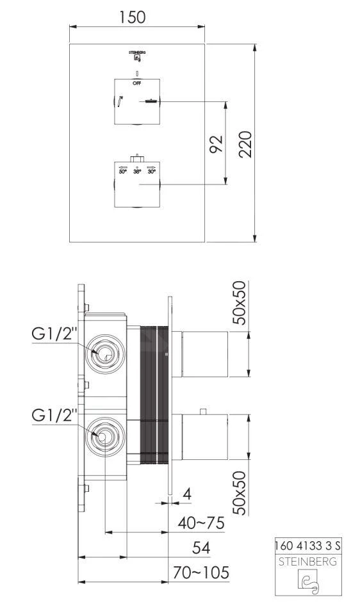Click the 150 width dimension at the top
tap(136, 17)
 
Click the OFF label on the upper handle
tap(136, 83)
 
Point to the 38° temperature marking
tap(137, 172)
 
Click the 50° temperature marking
tap(122, 172)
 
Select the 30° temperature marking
tap(152, 172)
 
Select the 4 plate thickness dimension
tap(186, 494)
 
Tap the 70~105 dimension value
tap(200, 572)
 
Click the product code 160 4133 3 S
tap(307, 546)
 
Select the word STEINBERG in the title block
tap(307, 560)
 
